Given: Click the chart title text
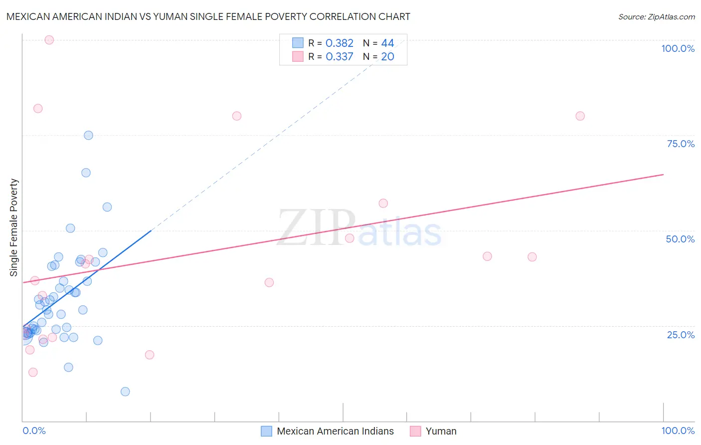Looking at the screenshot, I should (208, 16).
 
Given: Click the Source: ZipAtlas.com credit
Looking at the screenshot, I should (656, 16).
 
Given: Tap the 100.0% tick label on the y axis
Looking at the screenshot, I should (678, 48).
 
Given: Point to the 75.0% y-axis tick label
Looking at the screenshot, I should (681, 144).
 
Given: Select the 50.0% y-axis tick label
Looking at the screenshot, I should (680, 239).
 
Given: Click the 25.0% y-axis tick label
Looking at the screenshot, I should (681, 335).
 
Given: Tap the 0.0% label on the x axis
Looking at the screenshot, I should (34, 431).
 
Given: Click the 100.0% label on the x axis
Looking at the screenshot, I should (678, 431).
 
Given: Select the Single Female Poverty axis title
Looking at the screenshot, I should (14, 227).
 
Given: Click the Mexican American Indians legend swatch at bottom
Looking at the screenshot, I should (267, 431).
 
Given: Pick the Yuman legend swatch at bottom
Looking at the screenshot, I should (415, 431).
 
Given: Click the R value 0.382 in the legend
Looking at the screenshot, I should (339, 43).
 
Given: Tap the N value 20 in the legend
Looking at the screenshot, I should (387, 57).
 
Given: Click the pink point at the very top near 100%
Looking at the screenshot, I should (49, 40).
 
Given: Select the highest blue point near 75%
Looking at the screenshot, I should (88, 135).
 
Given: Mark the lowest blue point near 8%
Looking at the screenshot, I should (125, 392).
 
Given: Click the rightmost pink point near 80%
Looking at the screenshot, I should (580, 116).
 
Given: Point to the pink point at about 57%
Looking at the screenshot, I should (383, 203).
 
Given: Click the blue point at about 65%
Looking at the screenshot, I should (86, 173).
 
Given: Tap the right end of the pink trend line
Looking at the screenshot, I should (663, 175).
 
